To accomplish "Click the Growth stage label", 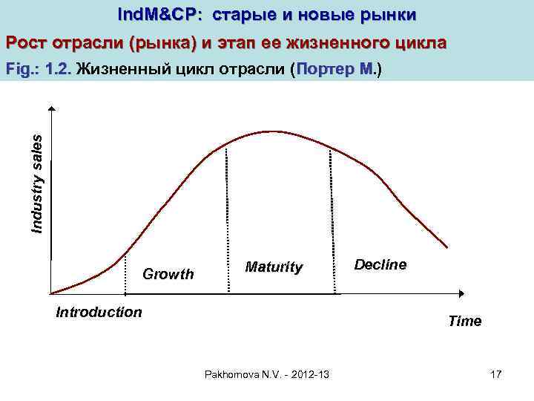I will (168, 274).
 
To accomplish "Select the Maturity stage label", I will (274, 267).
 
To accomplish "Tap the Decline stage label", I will (380, 264).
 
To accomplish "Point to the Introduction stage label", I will (99, 312).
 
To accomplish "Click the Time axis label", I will (464, 321).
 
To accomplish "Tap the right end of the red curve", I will (447, 247).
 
